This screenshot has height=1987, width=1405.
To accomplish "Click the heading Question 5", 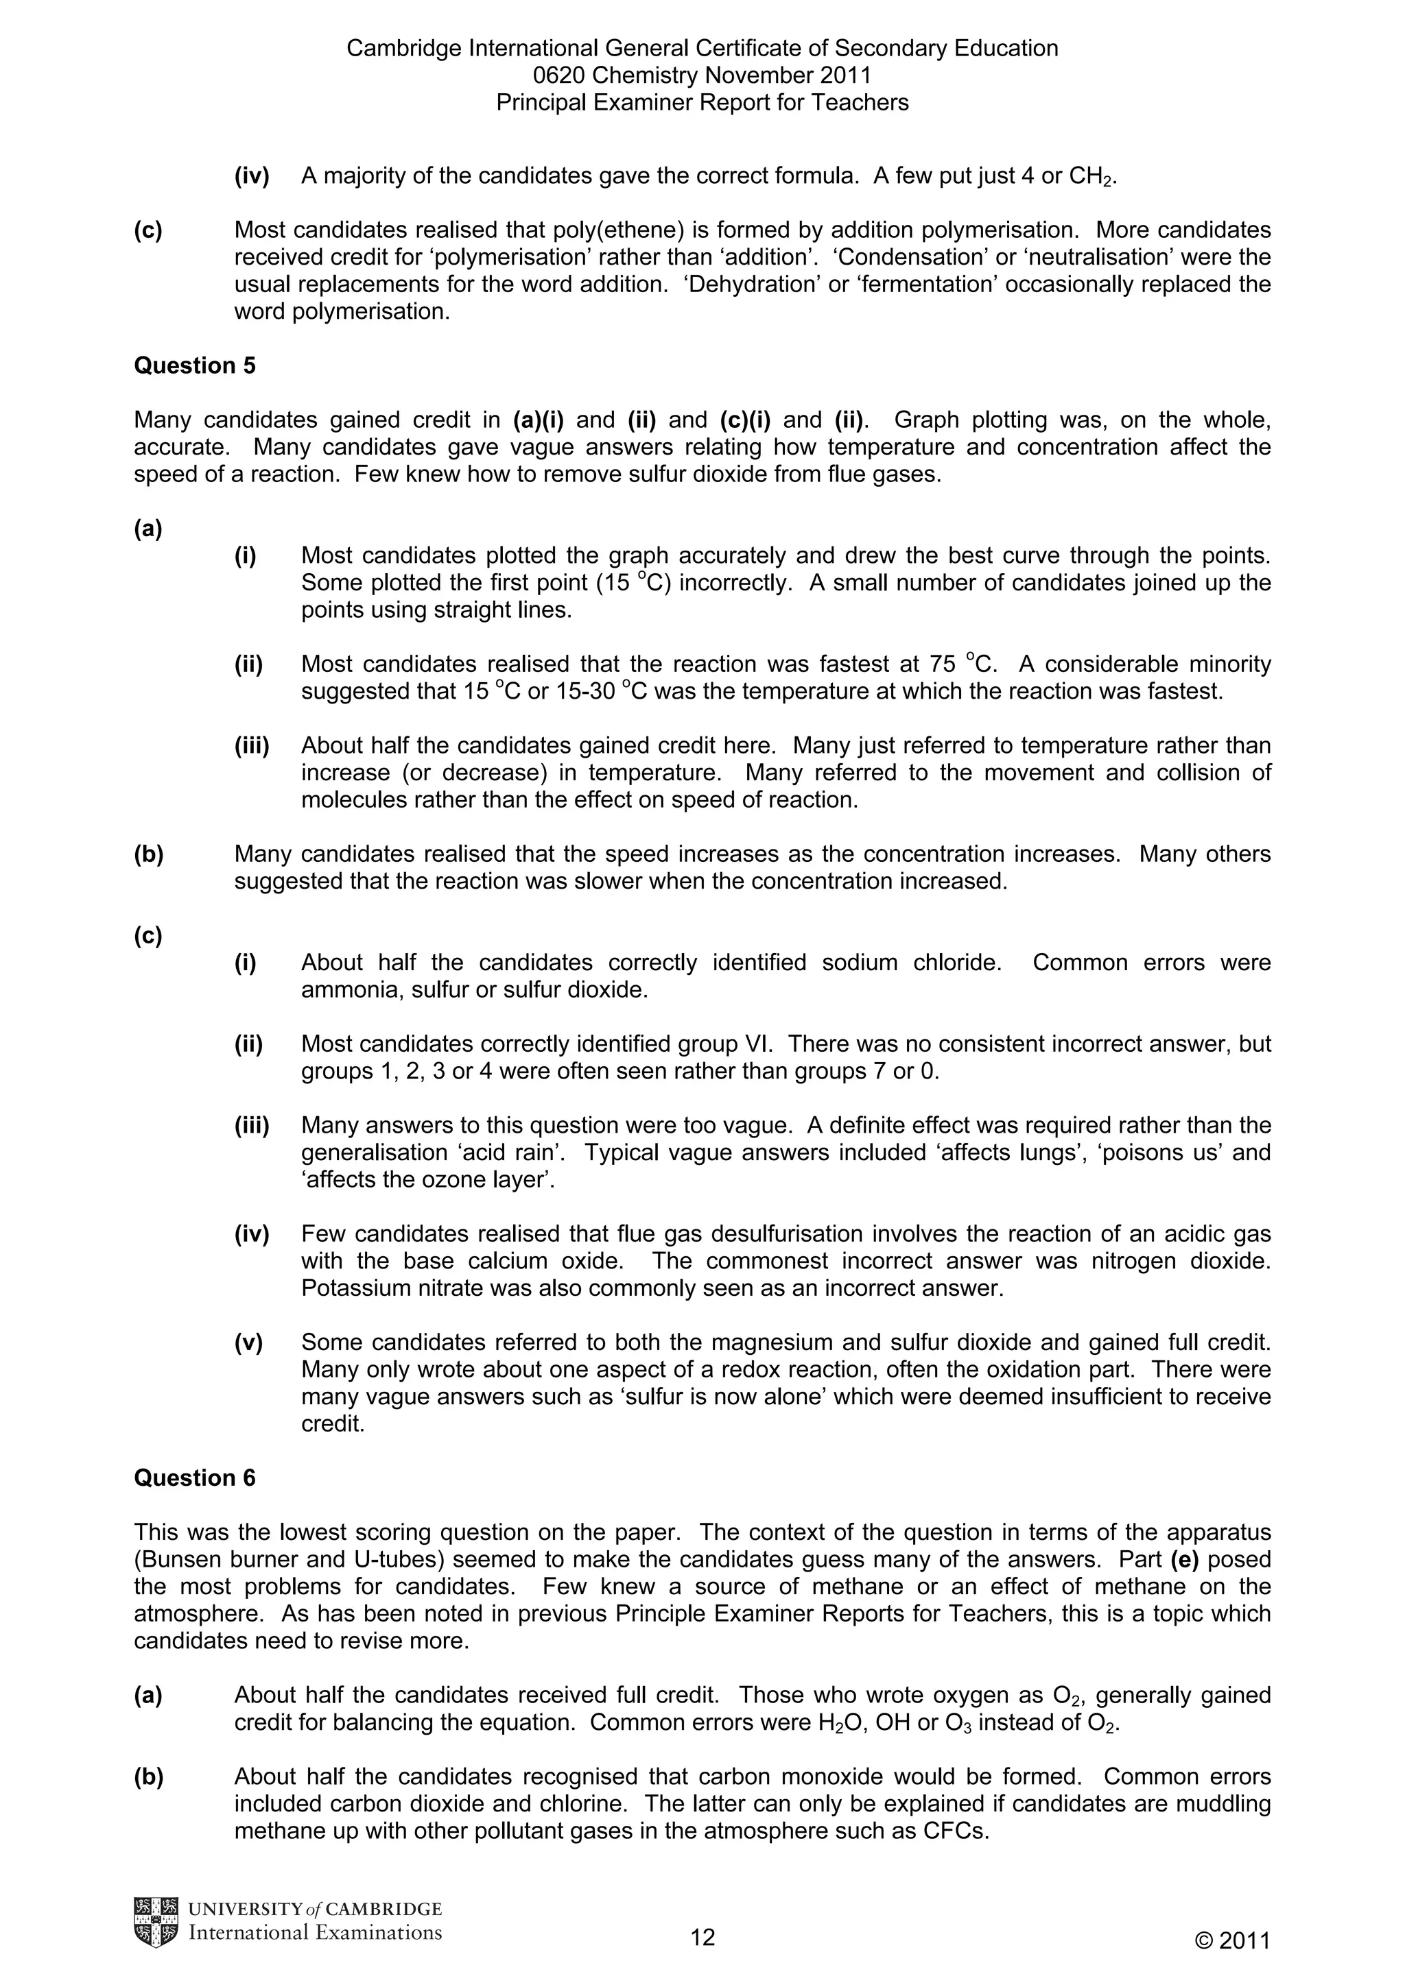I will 194,366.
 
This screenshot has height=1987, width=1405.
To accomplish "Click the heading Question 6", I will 194,1478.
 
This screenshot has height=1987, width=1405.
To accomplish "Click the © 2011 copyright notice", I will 1232,1941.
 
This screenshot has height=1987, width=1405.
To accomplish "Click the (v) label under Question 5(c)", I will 248,1342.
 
